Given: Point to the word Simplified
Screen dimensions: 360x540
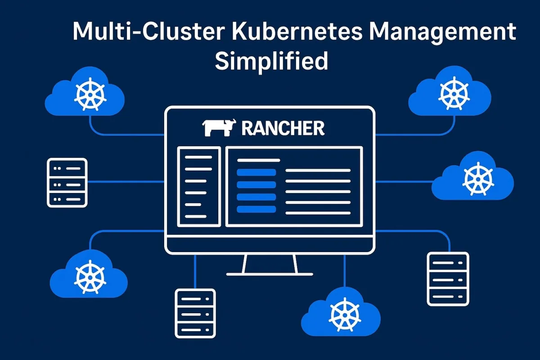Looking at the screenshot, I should coord(271,61).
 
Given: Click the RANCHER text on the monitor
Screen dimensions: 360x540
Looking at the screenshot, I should coord(283,129).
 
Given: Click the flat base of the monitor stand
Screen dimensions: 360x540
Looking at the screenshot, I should coord(269,273).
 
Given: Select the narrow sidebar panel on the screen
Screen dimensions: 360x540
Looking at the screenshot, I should coord(199,186).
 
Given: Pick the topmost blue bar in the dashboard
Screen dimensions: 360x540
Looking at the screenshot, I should coord(256,172).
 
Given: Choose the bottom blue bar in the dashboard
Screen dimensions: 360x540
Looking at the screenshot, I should coord(256,209).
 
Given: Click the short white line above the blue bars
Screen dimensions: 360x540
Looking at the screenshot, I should coord(258,160).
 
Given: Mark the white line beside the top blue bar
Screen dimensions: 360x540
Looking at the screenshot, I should coord(318,171).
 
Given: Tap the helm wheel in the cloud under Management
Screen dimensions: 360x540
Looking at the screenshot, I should coord(450,93).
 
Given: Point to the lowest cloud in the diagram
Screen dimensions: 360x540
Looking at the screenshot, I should coord(341,313).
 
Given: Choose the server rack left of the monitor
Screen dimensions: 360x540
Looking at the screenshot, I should coord(67,182).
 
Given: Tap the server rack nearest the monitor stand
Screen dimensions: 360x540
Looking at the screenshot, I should coord(195,313).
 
